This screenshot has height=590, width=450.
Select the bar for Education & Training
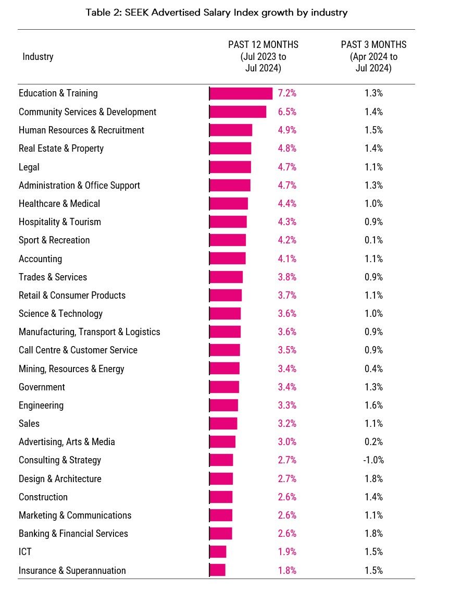pos(241,93)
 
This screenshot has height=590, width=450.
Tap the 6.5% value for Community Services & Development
pos(287,112)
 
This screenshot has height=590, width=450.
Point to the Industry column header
pos(38,57)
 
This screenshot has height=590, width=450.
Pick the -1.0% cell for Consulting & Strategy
pos(373,460)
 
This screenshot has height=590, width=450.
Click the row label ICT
pos(26,552)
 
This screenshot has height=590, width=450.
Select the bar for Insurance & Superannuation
pos(218,570)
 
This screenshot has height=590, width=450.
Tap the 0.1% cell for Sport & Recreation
pos(373,240)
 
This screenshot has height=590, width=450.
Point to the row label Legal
pos(29,167)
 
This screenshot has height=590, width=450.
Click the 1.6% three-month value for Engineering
pos(373,405)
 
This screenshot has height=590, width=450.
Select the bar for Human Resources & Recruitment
pos(231,130)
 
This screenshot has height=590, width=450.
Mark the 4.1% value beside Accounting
pos(287,259)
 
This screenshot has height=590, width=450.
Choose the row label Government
pos(42,387)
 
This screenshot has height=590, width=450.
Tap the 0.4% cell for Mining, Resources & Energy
pos(373,369)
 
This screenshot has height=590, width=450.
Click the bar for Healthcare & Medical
pos(229,204)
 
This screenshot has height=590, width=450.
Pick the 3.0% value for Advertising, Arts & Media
pos(287,442)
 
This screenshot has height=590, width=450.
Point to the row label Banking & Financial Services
pos(73,534)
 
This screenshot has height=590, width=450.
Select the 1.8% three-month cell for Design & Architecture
pos(373,479)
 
